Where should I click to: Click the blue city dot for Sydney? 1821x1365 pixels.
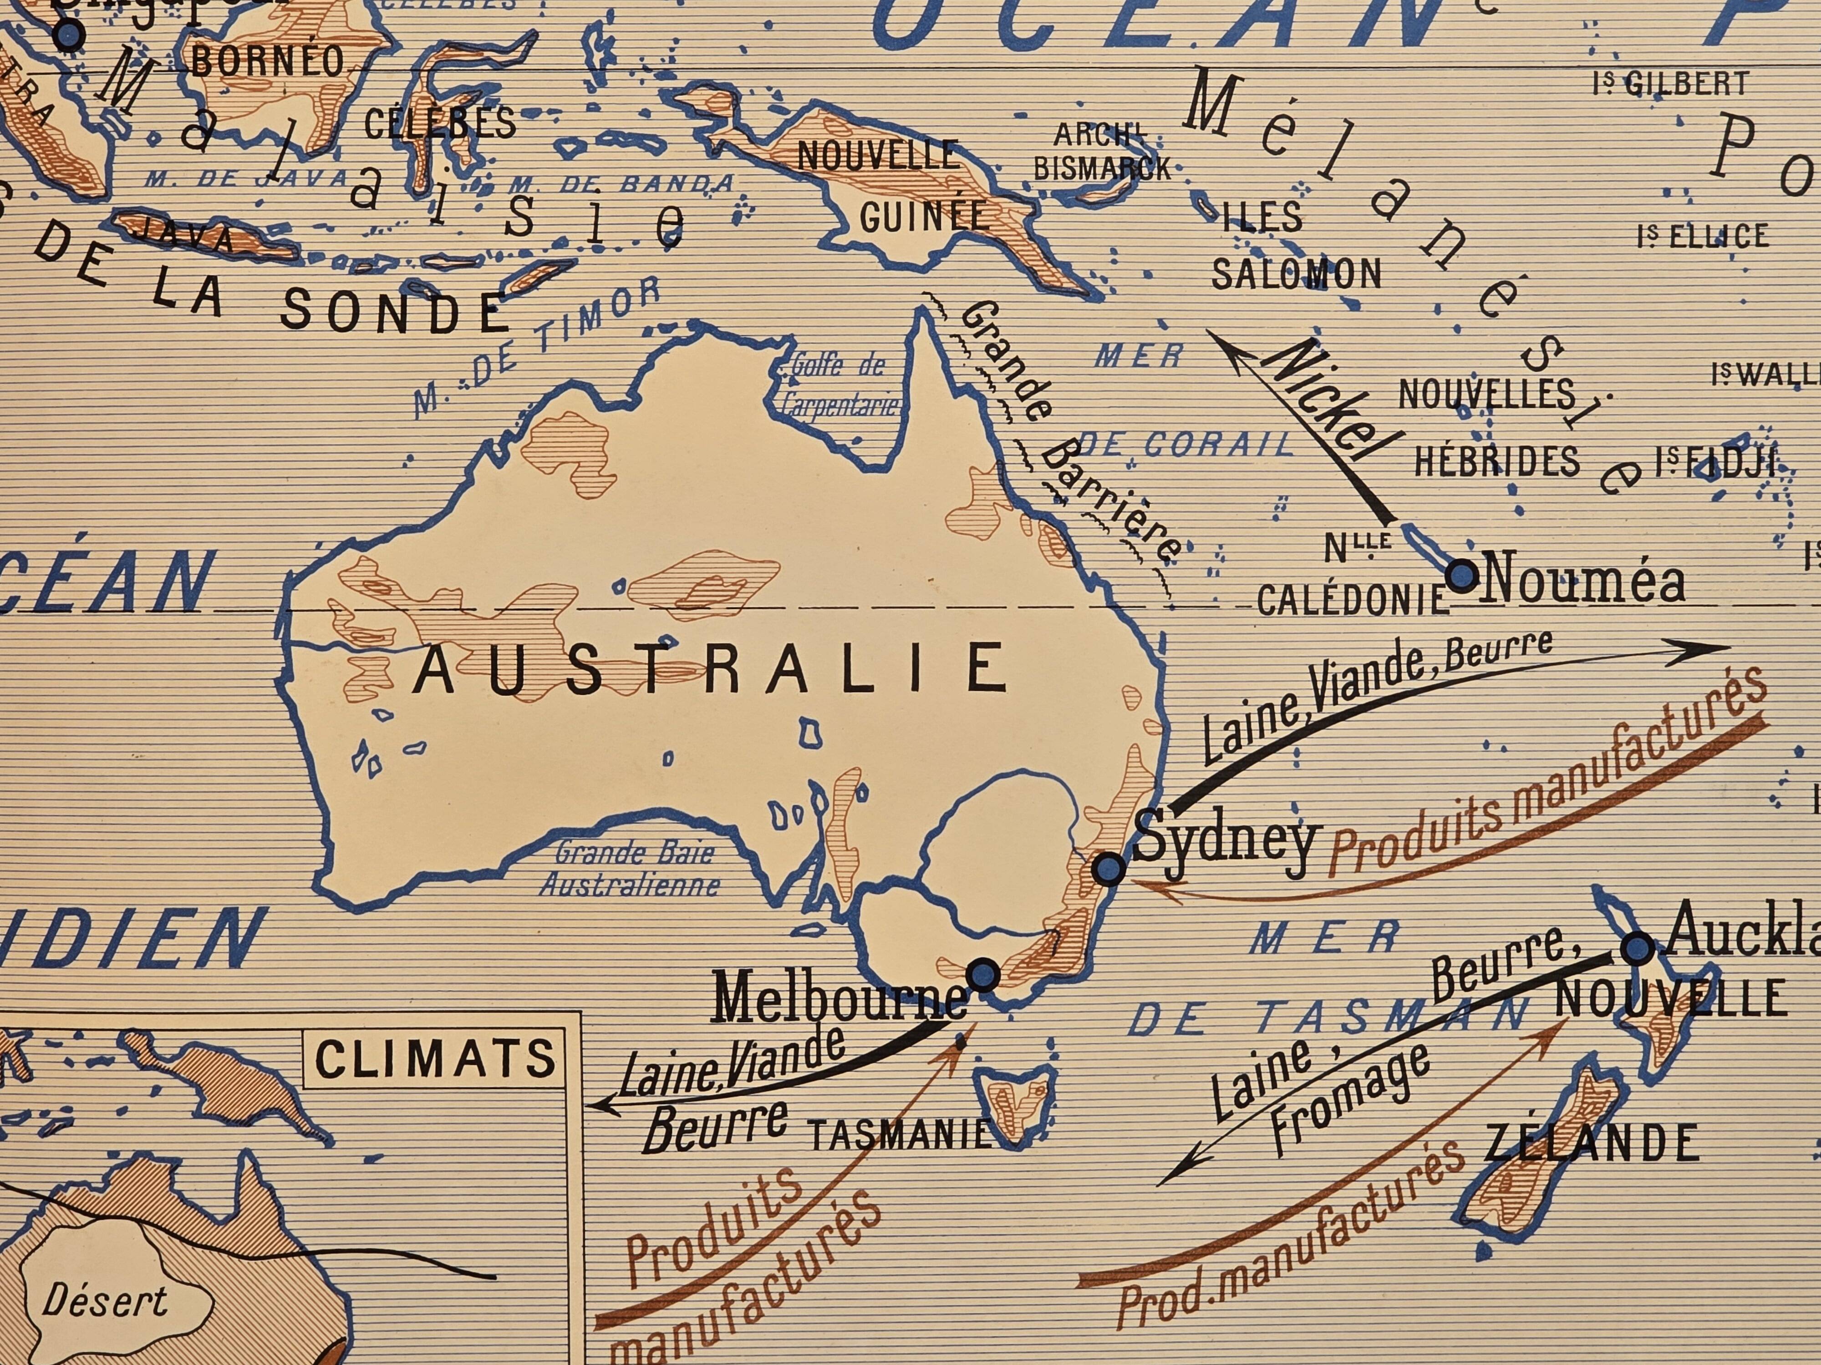(1108, 868)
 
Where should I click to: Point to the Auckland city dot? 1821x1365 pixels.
(1637, 949)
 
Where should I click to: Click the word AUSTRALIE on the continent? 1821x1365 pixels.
(710, 667)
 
